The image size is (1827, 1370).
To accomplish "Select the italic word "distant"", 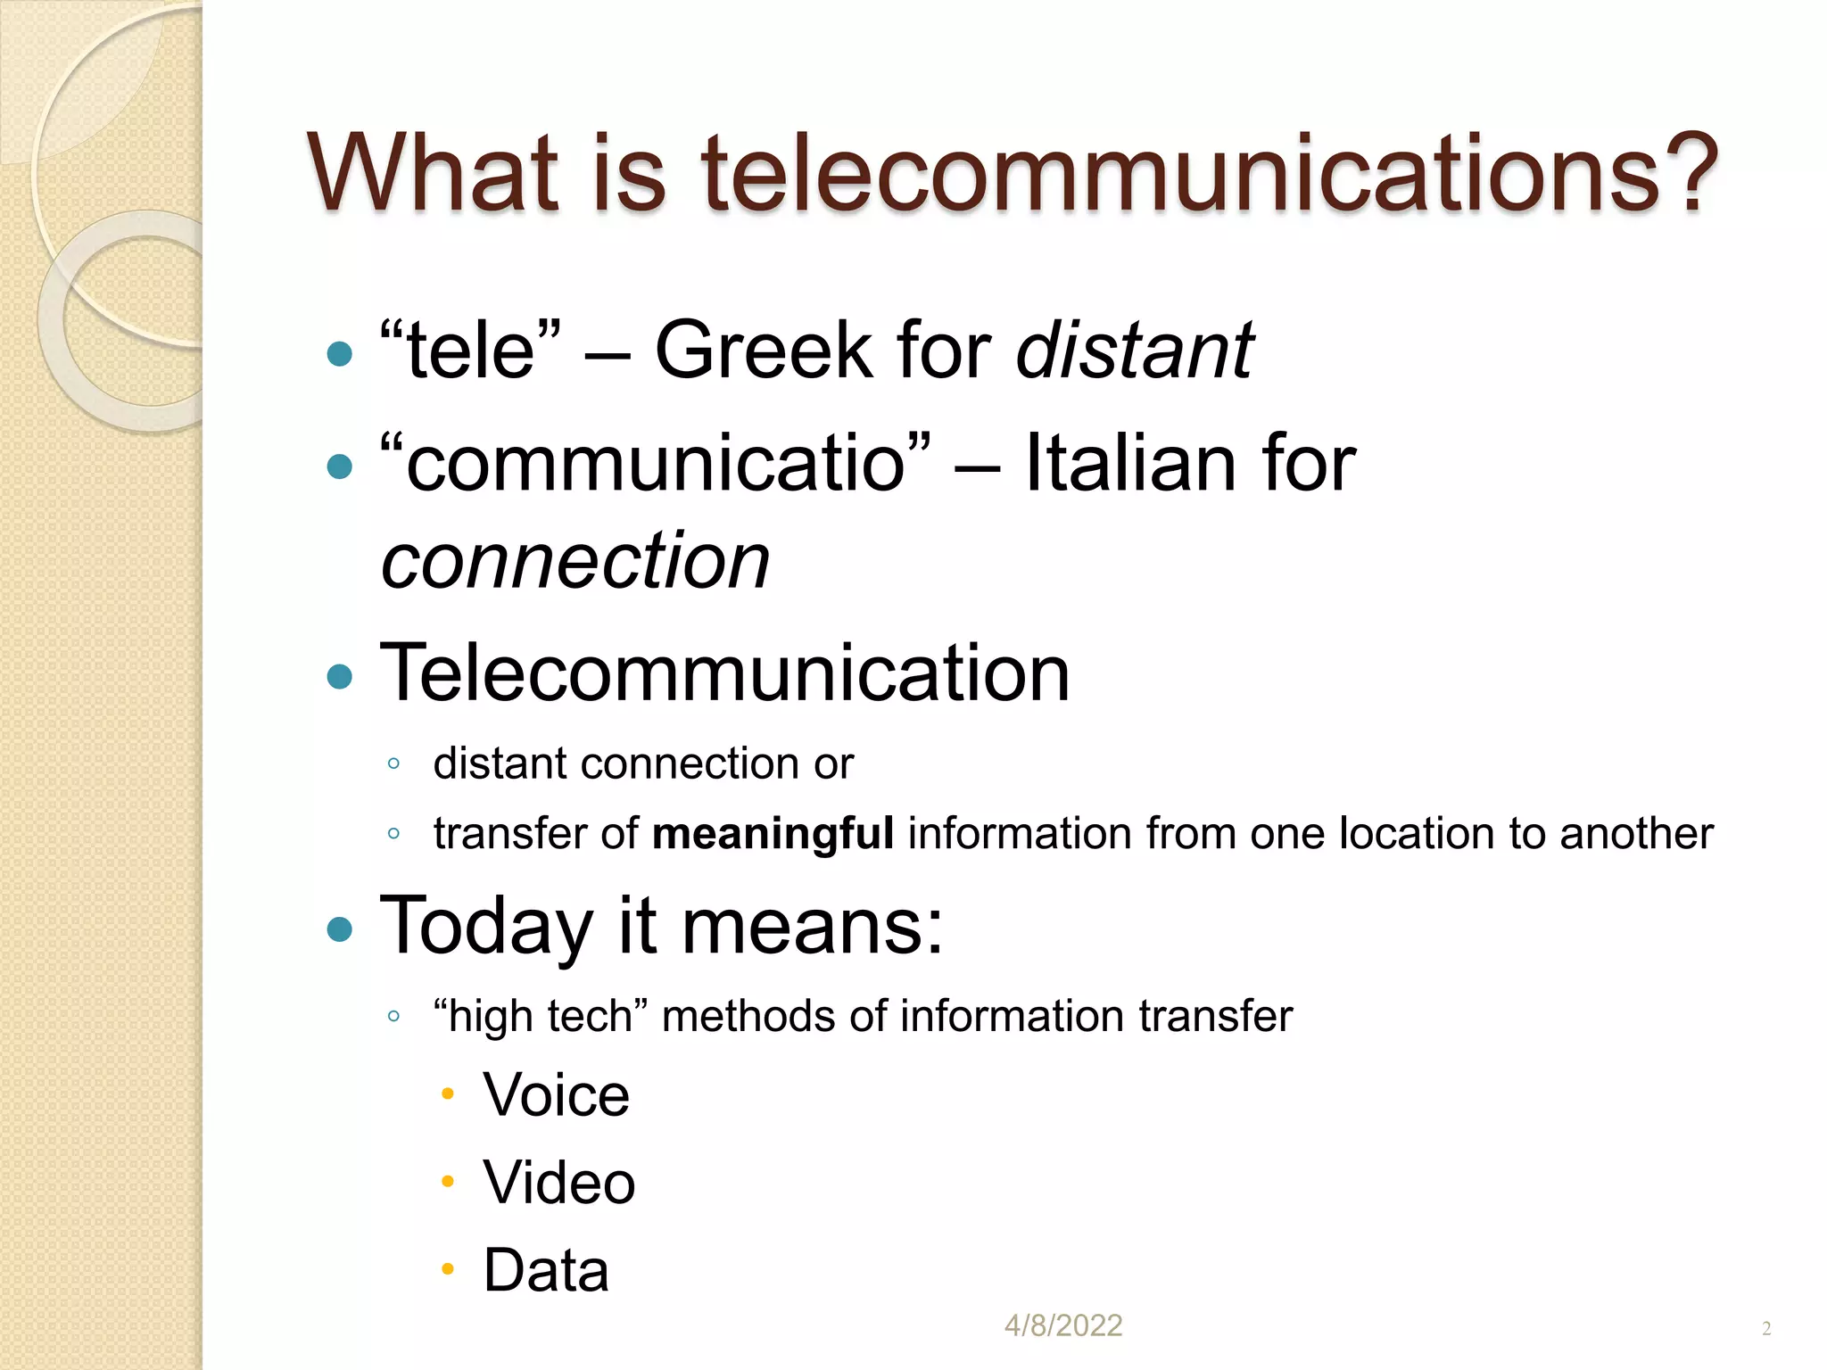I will (x=1135, y=351).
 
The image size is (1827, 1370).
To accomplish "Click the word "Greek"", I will (x=763, y=351).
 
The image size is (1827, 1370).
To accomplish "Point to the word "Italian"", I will (x=1129, y=463).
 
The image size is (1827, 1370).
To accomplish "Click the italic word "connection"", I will (x=575, y=561).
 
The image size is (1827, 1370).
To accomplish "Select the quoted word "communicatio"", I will (x=656, y=463).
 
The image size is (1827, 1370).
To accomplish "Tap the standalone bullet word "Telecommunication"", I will (x=724, y=673).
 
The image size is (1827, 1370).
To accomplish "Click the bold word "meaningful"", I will (x=773, y=834).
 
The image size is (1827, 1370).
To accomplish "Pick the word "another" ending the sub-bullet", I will (x=1636, y=834).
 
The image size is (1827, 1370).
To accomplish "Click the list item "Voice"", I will (x=556, y=1094).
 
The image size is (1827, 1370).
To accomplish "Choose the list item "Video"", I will (x=558, y=1183).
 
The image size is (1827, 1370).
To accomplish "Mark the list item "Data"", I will (x=546, y=1270).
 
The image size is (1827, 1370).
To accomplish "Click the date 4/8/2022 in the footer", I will (x=1062, y=1325).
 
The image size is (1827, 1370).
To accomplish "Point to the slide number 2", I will (x=1766, y=1329).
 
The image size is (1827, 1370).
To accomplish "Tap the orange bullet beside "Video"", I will (x=448, y=1182).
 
